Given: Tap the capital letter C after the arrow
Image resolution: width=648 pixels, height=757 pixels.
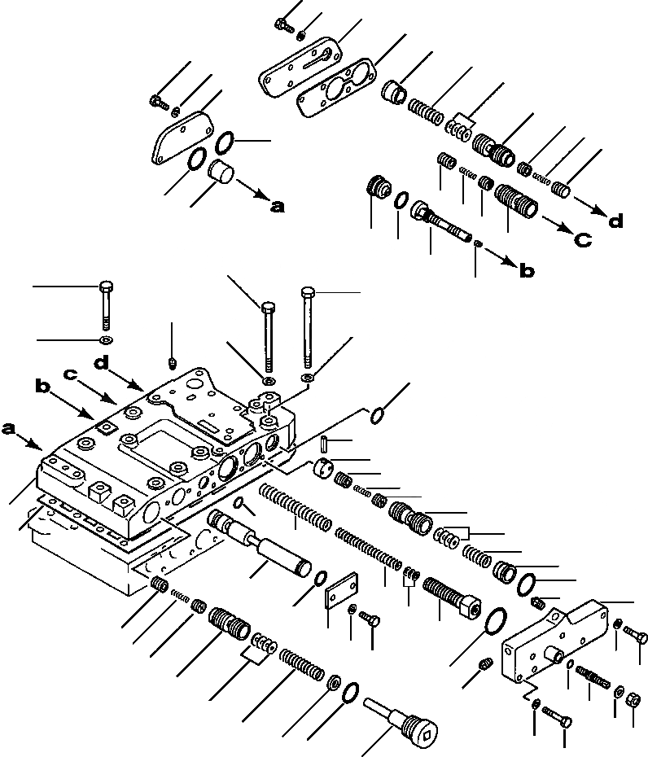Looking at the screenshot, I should [582, 240].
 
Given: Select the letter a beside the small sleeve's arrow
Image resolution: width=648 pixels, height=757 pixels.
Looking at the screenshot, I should [278, 207].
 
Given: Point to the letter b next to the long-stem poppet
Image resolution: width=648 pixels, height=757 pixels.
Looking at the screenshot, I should [527, 272].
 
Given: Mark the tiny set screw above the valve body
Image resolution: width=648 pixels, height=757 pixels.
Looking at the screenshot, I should [173, 360].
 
